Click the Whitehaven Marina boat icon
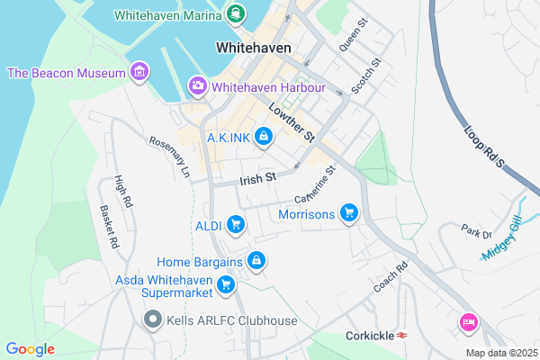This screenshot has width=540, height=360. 236,13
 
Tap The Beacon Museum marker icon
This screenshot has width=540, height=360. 139,71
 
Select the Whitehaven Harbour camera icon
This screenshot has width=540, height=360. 197,86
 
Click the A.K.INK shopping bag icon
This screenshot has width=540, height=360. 264,137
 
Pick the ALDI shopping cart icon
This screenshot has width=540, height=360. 236,223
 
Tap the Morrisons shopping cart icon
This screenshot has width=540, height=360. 349,214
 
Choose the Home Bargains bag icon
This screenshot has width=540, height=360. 256,261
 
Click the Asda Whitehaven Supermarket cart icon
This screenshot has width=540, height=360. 227,286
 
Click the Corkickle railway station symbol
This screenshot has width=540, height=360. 402,336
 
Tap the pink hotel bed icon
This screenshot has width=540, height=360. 468,321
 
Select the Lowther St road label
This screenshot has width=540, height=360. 289,122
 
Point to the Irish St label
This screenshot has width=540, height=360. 256,179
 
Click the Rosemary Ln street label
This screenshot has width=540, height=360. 170,156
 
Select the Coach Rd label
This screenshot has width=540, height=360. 391,277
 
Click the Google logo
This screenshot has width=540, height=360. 30,349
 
